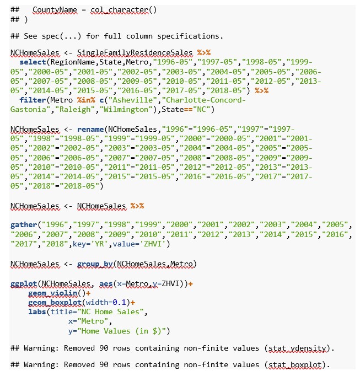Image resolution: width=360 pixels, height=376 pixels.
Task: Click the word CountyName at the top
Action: coord(55,10)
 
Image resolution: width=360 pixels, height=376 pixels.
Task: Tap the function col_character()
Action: coord(123,10)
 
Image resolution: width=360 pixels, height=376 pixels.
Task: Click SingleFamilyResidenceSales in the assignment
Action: coord(135,53)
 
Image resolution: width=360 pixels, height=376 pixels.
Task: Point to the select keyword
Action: coord(33,62)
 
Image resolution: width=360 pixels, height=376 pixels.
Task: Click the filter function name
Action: coord(33,100)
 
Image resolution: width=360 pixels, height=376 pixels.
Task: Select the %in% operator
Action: coord(86,100)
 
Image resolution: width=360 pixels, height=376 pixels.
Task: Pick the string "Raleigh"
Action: coord(75,110)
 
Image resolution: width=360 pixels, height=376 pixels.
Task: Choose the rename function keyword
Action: coord(90,130)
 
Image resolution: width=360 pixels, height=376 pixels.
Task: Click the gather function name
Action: coord(24,225)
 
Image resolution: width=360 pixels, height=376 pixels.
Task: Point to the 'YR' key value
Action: coord(100,244)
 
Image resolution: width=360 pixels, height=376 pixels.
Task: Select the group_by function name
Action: coord(95,264)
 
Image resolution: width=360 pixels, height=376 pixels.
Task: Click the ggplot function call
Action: coord(24,284)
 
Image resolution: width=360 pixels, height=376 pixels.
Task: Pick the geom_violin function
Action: coord(53,293)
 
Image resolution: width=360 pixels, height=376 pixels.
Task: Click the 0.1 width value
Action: coord(120,303)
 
